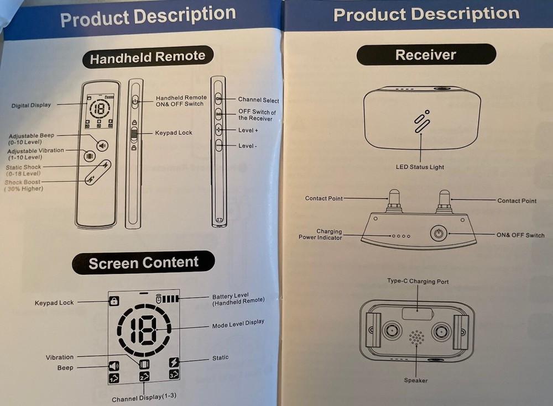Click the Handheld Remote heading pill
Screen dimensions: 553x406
[148, 57]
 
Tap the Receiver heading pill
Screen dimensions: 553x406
[426, 55]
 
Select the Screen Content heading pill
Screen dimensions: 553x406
[143, 262]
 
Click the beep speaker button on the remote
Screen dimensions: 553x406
[102, 146]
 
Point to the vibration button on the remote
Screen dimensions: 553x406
[90, 156]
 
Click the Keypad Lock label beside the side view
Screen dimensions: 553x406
[174, 133]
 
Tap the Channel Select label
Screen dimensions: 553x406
[258, 100]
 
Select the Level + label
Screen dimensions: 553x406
[248, 130]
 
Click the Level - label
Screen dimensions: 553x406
[247, 146]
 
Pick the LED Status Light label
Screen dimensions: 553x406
[420, 167]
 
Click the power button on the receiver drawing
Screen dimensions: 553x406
[439, 233]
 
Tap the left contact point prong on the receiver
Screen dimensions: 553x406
[394, 201]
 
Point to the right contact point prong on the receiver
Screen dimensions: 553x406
[444, 202]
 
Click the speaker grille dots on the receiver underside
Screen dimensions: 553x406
[416, 338]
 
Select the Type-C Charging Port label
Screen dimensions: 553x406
[418, 281]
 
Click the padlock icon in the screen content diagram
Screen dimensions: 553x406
[113, 301]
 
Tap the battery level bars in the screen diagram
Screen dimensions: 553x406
[168, 299]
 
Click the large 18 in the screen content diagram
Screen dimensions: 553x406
[144, 330]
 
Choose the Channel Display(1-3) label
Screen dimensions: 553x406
[144, 397]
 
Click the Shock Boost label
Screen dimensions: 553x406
[23, 182]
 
